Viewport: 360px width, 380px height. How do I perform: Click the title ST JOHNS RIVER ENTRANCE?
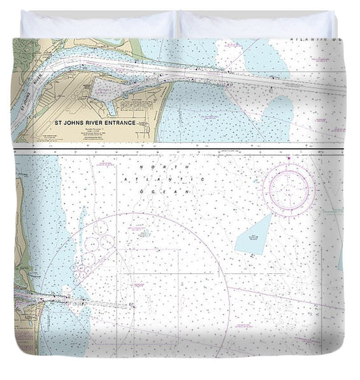(x=94, y=123)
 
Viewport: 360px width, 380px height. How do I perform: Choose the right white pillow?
(x=257, y=25)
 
